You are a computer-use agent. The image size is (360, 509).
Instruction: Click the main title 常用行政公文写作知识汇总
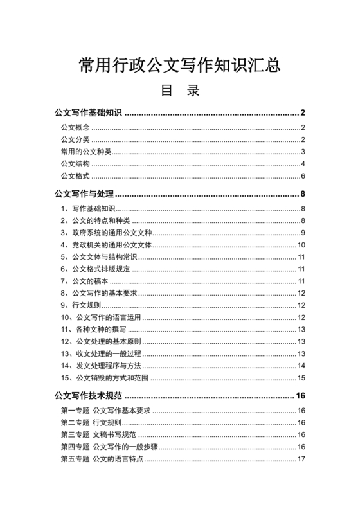pos(179,65)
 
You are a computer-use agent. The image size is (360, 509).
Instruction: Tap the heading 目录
pos(180,91)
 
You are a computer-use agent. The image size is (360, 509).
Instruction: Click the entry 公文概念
pos(75,127)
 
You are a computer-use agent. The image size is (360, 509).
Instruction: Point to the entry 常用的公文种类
pos(86,152)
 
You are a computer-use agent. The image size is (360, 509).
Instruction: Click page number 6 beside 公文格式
pos(302,176)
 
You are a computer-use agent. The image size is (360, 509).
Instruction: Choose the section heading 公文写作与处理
pos(84,194)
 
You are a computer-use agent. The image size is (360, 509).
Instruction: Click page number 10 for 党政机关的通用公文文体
pos(300,245)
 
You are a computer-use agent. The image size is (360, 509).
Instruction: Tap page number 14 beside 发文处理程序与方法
pos(300,366)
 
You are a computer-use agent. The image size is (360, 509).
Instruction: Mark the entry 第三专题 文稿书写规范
pos(100,434)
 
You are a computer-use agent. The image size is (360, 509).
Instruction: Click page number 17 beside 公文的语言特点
pos(300,459)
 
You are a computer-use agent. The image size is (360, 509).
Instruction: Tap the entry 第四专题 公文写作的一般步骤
pos(109,447)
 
